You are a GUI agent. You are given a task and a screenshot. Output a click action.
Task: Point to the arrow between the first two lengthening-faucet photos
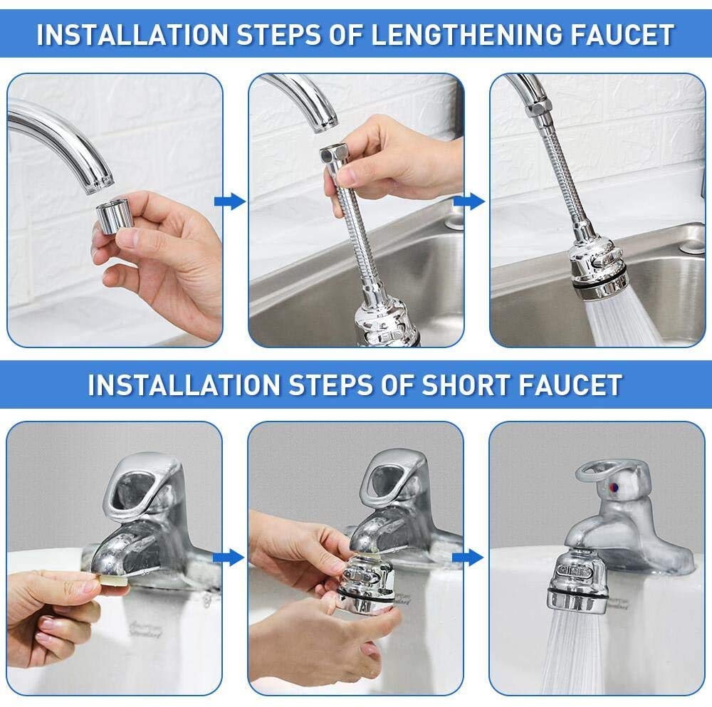click(229, 202)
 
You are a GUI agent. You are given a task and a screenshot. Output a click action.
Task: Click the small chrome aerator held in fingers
click(112, 216)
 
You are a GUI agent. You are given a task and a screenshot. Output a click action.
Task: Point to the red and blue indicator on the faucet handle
click(613, 488)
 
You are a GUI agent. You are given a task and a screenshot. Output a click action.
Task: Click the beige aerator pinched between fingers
click(114, 588)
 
